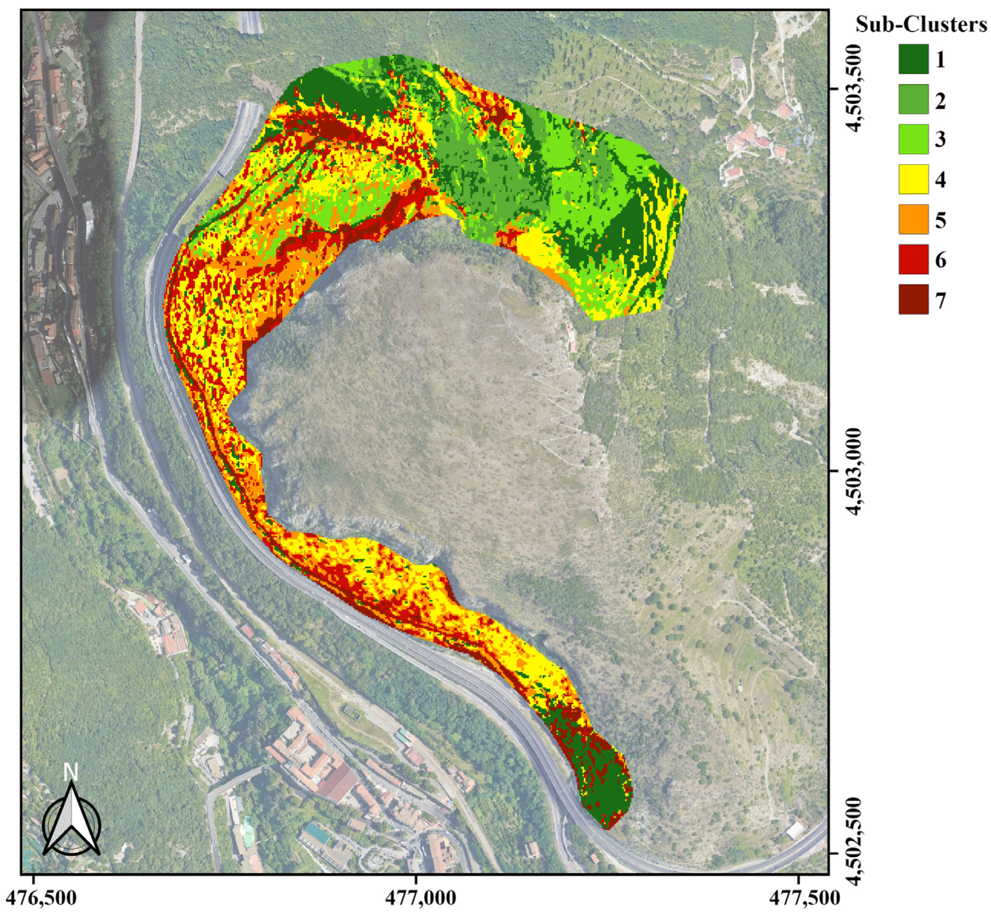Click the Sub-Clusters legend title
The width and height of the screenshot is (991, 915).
pyautogui.click(x=921, y=25)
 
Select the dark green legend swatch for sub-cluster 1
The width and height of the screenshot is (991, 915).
pyautogui.click(x=913, y=59)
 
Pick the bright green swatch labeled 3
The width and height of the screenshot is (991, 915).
pyautogui.click(x=913, y=139)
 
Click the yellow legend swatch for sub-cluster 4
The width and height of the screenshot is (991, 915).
pyautogui.click(x=913, y=179)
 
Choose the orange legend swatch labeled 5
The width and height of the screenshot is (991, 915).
pyautogui.click(x=913, y=219)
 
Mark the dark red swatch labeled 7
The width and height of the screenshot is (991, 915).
pyautogui.click(x=913, y=299)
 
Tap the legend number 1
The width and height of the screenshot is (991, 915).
pyautogui.click(x=940, y=60)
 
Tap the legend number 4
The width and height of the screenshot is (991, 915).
pyautogui.click(x=940, y=180)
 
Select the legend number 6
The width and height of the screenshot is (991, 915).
pyautogui.click(x=940, y=260)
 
